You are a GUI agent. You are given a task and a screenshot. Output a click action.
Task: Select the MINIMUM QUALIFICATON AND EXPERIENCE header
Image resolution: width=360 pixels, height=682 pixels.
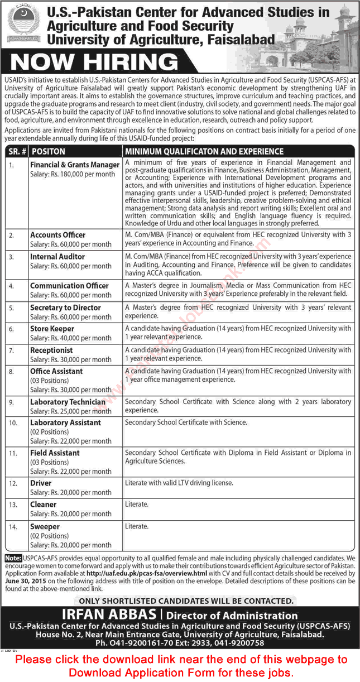click(204, 151)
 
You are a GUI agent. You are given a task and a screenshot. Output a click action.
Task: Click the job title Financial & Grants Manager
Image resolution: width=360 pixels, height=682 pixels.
click(75, 165)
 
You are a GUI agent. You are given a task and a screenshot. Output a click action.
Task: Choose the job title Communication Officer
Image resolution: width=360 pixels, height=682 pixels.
click(69, 286)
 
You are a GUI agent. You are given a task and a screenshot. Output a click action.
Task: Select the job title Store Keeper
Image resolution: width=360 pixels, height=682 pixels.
click(52, 329)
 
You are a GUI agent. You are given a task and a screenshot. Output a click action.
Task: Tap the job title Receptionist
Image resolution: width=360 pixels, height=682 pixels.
click(51, 350)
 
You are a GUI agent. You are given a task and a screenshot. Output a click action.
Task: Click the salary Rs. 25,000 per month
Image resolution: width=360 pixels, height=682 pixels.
click(71, 411)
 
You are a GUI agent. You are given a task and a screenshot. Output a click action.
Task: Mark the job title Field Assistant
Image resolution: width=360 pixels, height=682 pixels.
click(55, 453)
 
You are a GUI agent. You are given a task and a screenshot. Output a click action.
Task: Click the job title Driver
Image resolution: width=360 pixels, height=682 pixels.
click(41, 483)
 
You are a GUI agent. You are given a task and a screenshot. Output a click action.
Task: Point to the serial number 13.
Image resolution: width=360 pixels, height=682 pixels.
click(12, 505)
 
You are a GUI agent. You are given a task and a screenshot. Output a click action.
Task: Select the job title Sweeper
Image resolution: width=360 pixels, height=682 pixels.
click(45, 527)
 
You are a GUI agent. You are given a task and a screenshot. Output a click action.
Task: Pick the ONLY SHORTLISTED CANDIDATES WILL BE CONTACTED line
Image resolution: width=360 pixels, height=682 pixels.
click(186, 601)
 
